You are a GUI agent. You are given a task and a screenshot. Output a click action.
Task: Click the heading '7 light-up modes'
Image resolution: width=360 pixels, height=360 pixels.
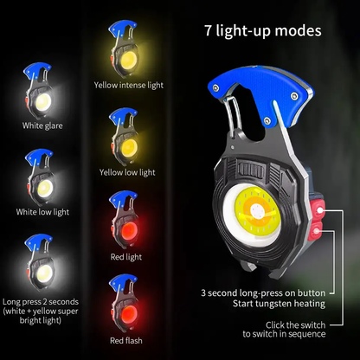point(262,31)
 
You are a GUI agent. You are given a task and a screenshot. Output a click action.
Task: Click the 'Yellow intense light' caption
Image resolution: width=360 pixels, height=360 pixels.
point(127,86)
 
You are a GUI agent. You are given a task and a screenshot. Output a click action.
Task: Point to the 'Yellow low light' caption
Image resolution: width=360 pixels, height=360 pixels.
point(127,171)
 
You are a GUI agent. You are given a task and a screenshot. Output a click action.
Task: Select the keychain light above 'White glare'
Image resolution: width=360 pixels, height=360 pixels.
point(42,93)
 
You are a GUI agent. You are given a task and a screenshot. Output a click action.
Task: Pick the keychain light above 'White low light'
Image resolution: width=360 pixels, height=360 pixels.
point(42,177)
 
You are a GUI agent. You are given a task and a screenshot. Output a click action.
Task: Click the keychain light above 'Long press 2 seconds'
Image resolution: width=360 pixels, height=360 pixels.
point(41,261)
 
